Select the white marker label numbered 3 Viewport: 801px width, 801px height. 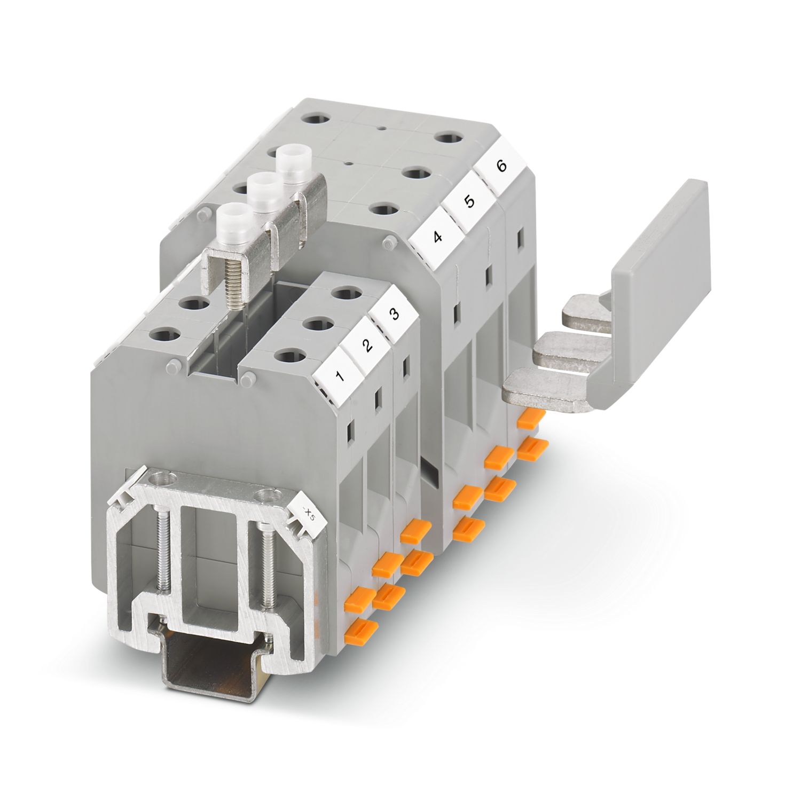pos(394,315)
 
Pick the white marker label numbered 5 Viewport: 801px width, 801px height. pos(468,203)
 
